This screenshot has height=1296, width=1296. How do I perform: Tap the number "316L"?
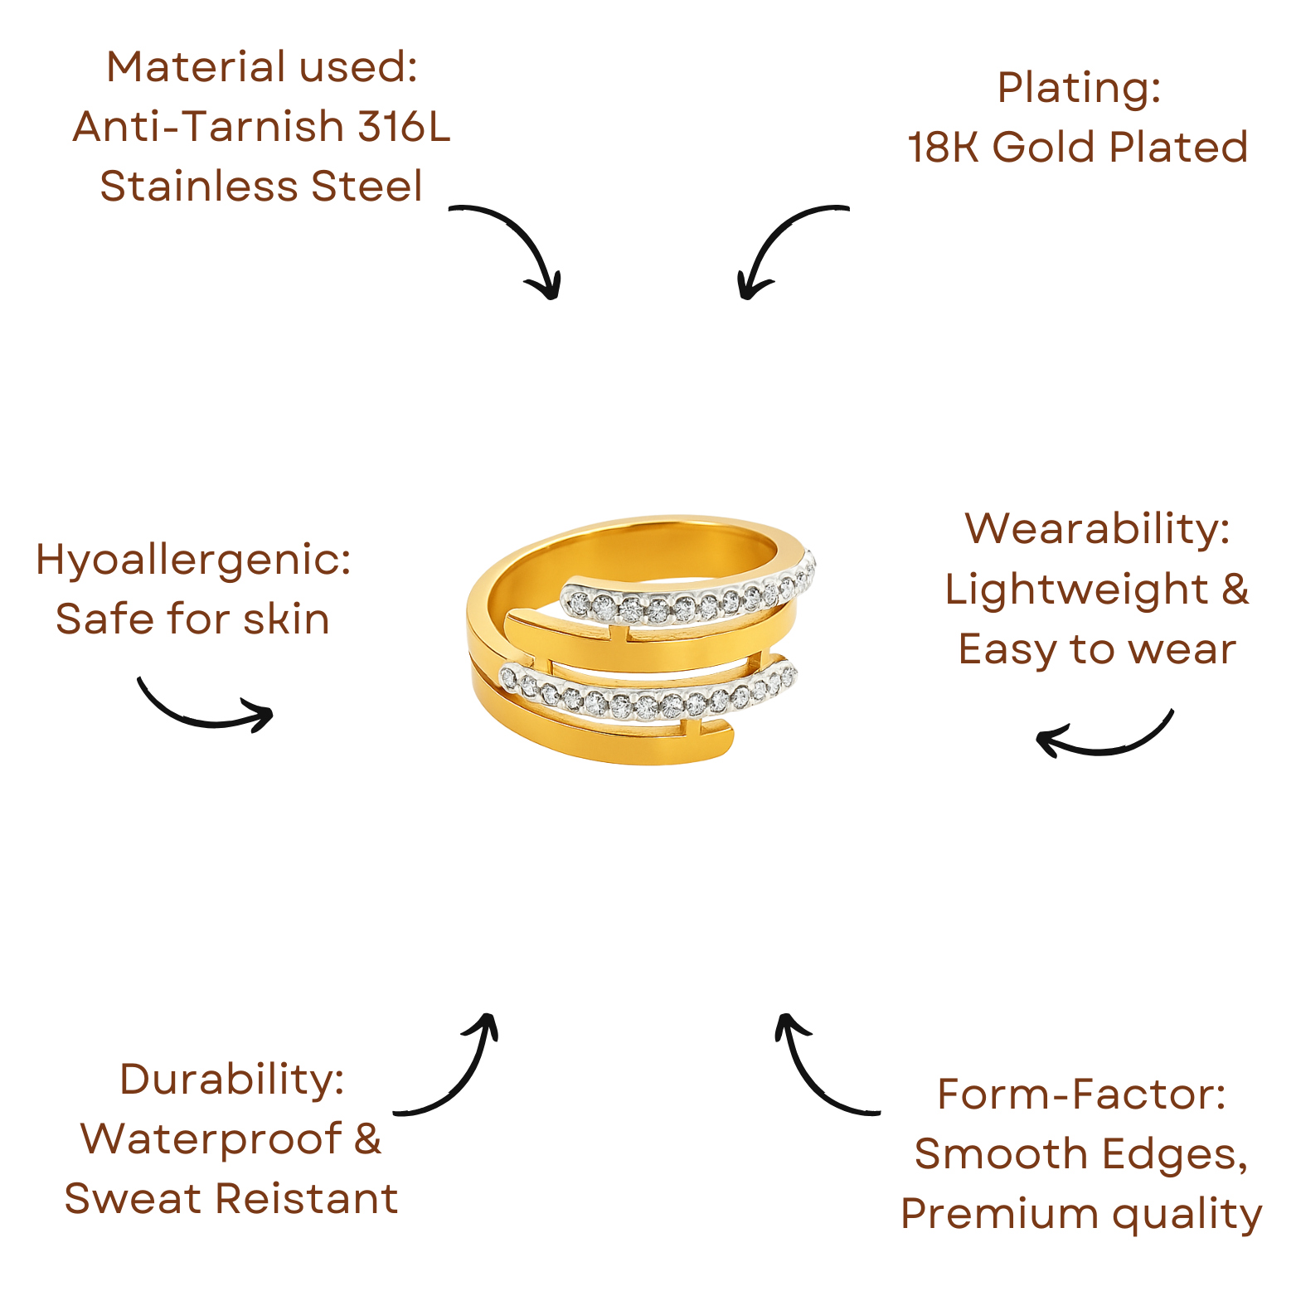tap(404, 127)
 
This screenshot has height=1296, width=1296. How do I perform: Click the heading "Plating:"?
tap(1078, 87)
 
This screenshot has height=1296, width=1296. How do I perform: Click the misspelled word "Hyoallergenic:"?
tap(193, 560)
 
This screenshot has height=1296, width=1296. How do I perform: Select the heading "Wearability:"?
tap(1097, 528)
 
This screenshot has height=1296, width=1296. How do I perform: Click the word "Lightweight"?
tap(1076, 589)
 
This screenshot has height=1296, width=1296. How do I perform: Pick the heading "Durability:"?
tap(232, 1079)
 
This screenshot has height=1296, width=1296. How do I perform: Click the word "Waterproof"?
tap(211, 1138)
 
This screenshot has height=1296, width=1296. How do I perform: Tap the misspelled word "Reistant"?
tap(308, 1198)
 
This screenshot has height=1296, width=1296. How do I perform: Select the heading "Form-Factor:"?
tap(1081, 1094)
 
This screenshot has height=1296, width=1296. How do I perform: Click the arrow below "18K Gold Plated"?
tap(784, 245)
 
